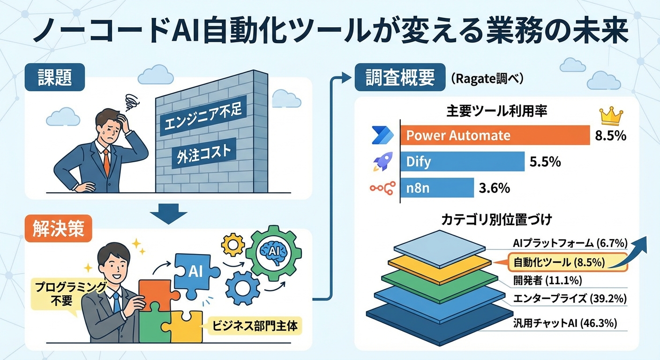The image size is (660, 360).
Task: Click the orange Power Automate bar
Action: tap(495, 135)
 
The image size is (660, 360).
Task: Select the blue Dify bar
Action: tap(462, 162)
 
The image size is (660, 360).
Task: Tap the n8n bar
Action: tap(437, 188)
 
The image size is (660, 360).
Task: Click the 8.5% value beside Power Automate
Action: tap(610, 136)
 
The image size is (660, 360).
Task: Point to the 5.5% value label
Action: tap(545, 162)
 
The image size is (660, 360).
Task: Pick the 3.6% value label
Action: tap(494, 188)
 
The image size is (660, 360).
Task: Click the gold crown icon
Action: tap(611, 115)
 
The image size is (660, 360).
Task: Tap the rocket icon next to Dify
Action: tap(383, 162)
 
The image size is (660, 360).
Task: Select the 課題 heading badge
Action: tap(55, 77)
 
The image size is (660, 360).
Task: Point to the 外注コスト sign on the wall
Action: tap(203, 153)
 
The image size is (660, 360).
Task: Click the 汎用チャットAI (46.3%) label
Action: tap(565, 322)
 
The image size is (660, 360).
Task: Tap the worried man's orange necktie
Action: tap(107, 163)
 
